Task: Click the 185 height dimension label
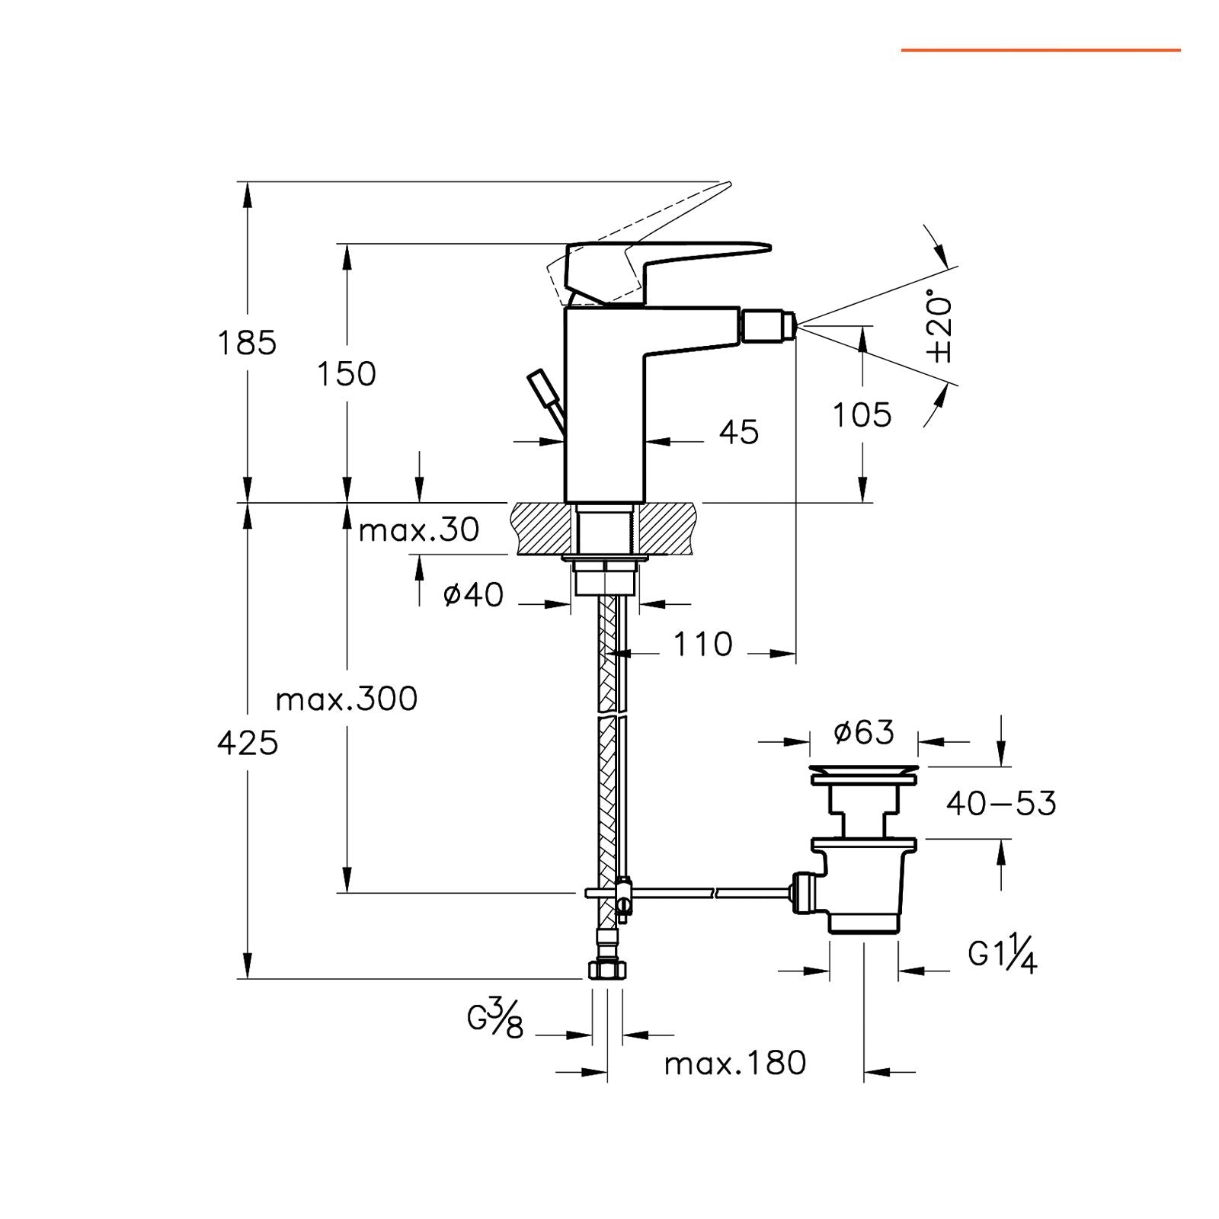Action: click(247, 343)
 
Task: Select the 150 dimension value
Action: click(347, 374)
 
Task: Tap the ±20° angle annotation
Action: click(940, 326)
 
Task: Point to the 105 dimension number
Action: click(862, 415)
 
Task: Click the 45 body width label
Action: click(739, 432)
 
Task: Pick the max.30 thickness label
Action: click(419, 530)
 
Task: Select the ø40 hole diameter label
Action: click(473, 594)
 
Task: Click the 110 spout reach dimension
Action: click(702, 645)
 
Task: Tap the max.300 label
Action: click(347, 699)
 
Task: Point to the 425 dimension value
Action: click(248, 743)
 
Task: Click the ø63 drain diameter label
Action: click(864, 732)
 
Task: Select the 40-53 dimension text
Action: click(1001, 804)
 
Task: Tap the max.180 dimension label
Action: click(735, 1064)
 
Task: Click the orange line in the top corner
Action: click(1041, 50)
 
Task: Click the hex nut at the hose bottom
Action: click(607, 970)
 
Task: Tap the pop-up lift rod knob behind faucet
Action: click(542, 388)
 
